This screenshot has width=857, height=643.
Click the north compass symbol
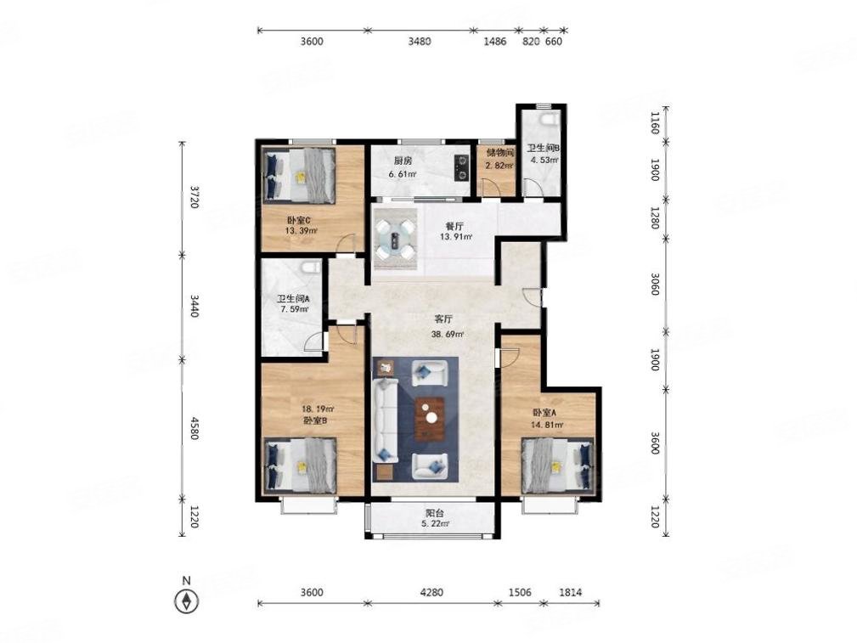[x=186, y=601]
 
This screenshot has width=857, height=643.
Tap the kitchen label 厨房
[x=403, y=161]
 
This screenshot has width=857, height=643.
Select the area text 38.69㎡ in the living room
[x=448, y=334]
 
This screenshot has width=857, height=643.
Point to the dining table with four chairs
[x=394, y=239]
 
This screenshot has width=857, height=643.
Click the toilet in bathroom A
[x=311, y=268]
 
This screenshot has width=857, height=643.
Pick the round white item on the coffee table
[x=431, y=418]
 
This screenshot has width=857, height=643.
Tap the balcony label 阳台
[x=435, y=513]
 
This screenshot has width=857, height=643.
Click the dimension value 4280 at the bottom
[x=432, y=592]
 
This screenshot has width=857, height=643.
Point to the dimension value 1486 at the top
[x=495, y=41]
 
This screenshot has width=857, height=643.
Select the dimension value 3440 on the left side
[x=195, y=305]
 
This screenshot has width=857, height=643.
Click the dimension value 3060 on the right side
[x=654, y=285]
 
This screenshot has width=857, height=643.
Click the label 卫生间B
[x=544, y=148]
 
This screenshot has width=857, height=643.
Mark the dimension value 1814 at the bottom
[x=571, y=592]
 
